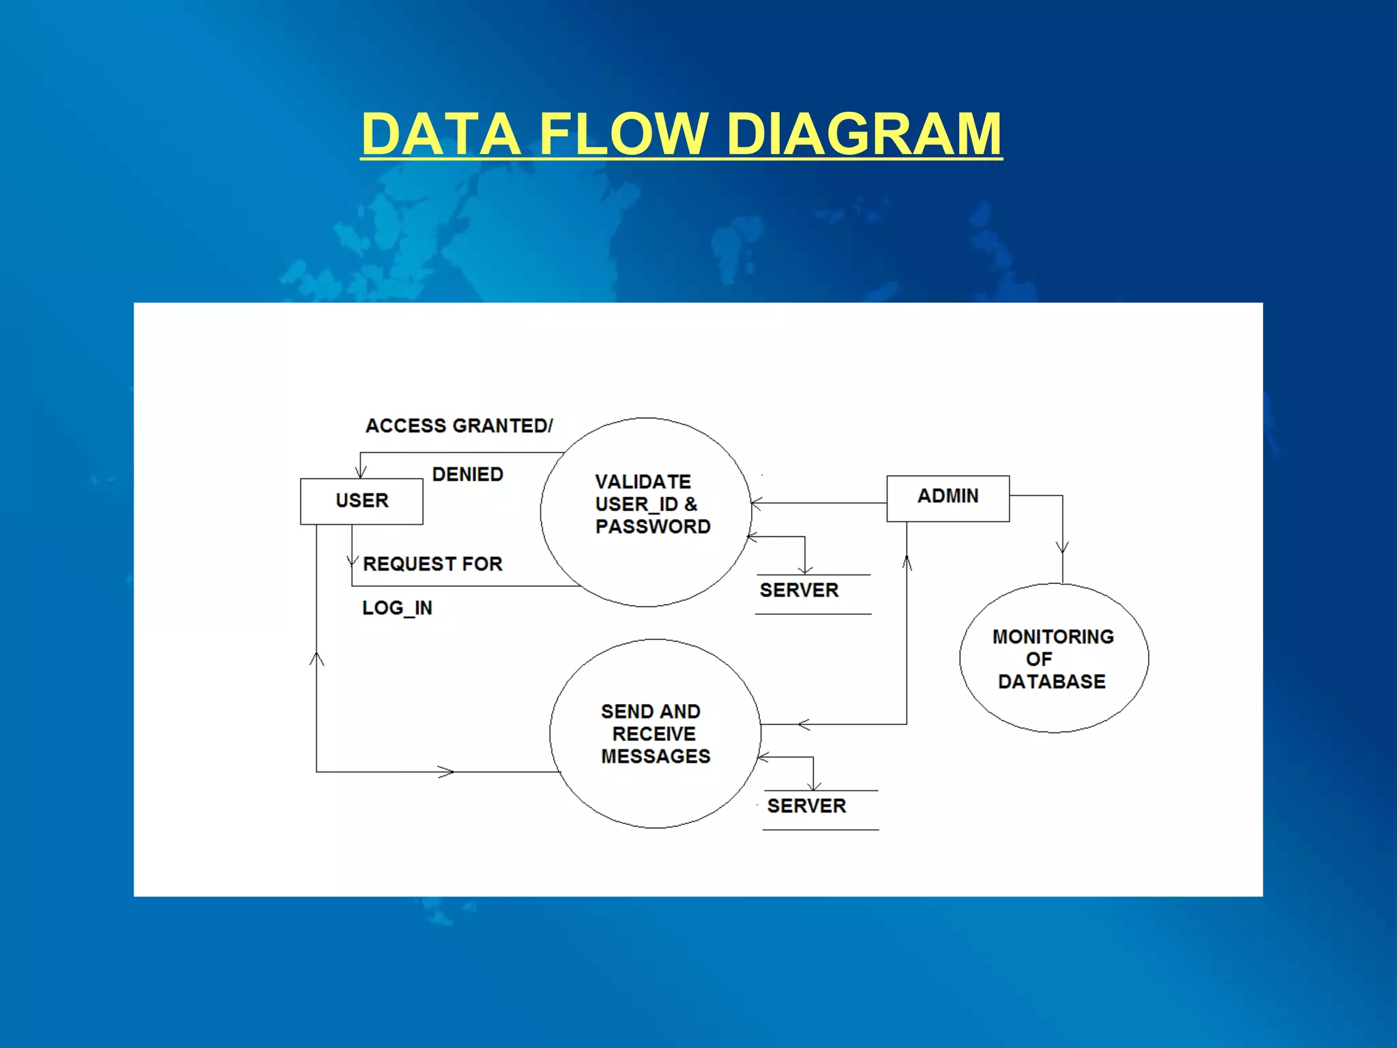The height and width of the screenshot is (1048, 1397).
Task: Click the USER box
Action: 362,501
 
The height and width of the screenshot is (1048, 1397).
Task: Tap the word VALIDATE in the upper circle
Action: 643,482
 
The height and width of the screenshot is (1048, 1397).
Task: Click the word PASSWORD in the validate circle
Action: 653,527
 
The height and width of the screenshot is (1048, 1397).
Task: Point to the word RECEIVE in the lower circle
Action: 653,734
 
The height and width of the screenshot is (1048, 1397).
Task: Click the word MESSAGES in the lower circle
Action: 656,757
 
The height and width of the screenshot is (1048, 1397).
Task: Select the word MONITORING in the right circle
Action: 1053,637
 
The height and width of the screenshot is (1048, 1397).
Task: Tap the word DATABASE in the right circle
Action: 1051,682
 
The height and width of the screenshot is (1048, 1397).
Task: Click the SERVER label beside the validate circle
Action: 799,590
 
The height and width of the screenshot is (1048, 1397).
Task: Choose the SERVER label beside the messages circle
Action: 806,806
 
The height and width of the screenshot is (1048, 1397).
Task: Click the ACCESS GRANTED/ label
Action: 459,426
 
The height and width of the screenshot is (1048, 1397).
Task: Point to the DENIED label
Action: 467,474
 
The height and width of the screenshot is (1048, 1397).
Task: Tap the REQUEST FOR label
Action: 432,564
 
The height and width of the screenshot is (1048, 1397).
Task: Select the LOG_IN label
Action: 397,608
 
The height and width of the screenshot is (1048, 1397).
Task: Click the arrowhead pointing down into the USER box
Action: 361,471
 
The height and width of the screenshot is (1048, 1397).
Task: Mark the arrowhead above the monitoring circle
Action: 1062,547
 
